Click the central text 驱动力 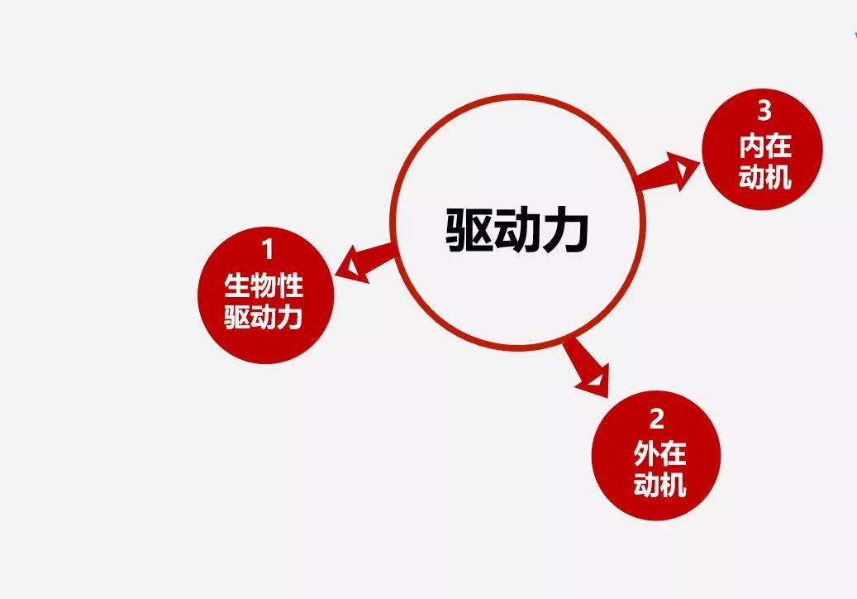pos(517,230)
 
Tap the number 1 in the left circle pos(267,250)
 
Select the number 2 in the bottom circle pos(656,419)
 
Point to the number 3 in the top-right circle pos(764,111)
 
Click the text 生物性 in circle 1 pos(264,285)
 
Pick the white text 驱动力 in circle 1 pos(264,317)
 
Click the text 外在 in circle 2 pos(659,453)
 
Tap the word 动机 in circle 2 pos(659,485)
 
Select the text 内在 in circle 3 pos(765,146)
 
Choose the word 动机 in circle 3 pos(765,177)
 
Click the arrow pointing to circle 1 pos(363,261)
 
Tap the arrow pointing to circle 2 pos(586,368)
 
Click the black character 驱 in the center pos(469,230)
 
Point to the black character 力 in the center pos(566,230)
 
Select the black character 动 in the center pos(517,230)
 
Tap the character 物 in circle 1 pos(264,285)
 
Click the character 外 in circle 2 pos(646,453)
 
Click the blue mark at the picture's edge pos(855,36)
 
